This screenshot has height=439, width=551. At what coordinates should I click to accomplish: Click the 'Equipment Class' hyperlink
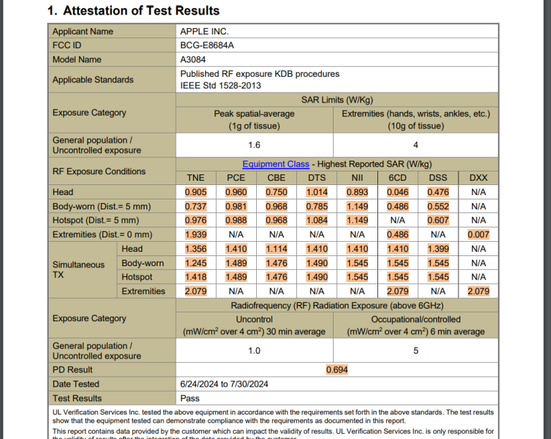[275, 164]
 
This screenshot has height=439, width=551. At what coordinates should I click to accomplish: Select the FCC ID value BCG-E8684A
[207, 45]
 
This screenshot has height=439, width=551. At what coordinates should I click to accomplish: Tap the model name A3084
[193, 60]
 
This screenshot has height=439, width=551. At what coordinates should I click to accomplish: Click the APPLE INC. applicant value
[204, 32]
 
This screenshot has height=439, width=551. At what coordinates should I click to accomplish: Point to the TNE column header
[195, 178]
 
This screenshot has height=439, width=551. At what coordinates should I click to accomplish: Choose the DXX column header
[478, 178]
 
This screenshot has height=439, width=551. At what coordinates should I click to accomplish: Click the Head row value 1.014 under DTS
[316, 192]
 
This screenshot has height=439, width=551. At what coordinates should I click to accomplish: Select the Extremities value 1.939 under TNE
[195, 235]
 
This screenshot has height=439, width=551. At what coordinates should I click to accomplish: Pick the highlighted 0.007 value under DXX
[478, 235]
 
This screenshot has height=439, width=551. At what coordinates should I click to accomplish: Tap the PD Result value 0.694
[336, 369]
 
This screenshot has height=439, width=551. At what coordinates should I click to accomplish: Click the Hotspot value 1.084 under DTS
[316, 220]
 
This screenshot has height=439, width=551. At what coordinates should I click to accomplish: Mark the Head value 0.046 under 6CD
[397, 192]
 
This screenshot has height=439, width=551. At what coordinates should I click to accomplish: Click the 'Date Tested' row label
[76, 384]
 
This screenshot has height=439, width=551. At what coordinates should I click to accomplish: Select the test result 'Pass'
[190, 398]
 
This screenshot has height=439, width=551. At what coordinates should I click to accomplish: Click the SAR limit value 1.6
[254, 145]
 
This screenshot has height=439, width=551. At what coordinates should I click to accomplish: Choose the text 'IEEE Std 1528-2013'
[220, 85]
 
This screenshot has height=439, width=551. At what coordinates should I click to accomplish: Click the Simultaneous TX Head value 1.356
[195, 249]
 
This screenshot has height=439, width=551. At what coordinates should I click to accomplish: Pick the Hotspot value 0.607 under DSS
[438, 220]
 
